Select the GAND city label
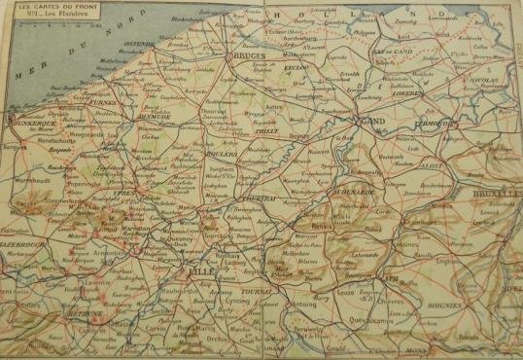click(375, 121)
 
